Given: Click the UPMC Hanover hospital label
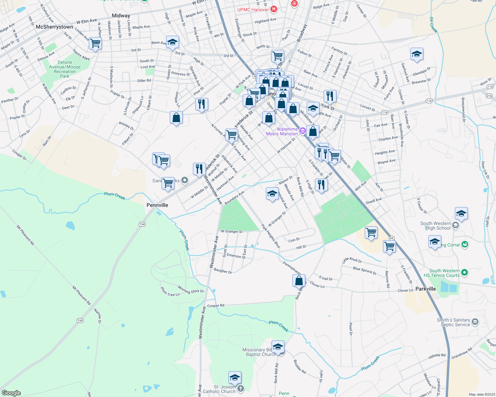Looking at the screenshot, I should coord(253,10).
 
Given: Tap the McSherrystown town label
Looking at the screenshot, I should coord(54,27).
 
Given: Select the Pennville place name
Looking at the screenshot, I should coord(157,205).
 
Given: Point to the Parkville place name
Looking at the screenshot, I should coord(425,289).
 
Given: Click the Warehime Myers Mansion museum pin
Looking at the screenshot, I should coord(302,131).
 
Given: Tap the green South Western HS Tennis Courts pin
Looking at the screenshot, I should coord(465,273).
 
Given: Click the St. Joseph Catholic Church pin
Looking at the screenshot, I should coord(241,388).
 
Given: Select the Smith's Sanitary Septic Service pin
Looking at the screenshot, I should coord(475,322).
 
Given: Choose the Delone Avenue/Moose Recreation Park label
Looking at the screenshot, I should coord(65,69).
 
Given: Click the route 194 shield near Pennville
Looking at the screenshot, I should coord(142,224).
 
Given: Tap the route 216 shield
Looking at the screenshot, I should coord(489,96).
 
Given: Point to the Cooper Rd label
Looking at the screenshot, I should coord(216,305).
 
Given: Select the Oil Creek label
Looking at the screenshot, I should coord(434,25).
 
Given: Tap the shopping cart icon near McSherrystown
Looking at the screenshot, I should coord(95,43).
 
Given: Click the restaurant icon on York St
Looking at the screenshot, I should coord(330,96).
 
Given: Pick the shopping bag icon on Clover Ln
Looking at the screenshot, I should coord(299,281).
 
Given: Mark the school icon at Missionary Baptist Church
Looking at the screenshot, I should coord(278,347).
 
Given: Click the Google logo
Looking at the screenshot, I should coord(11,393).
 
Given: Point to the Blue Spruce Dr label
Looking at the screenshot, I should coord(365,271).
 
